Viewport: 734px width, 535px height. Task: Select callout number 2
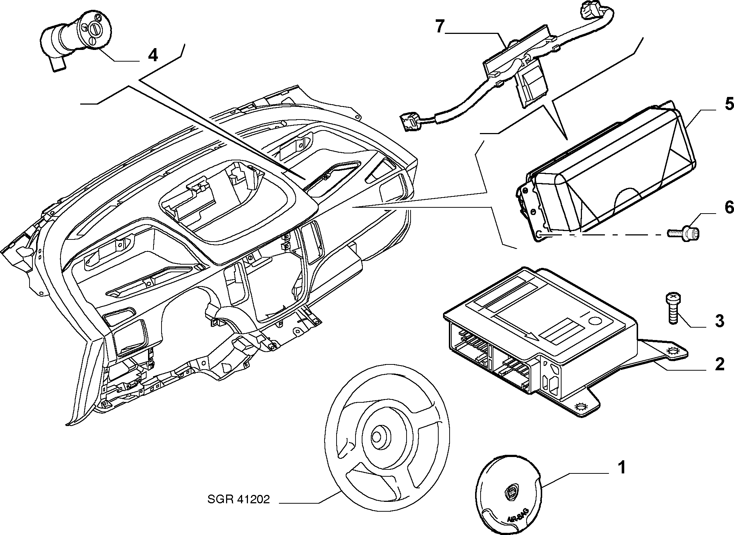coord(719,364)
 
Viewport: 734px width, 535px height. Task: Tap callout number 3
coord(719,321)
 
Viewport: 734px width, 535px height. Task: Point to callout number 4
coord(153,55)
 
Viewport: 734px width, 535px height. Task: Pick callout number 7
coord(440,26)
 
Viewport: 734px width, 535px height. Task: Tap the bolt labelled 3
coord(673,307)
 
